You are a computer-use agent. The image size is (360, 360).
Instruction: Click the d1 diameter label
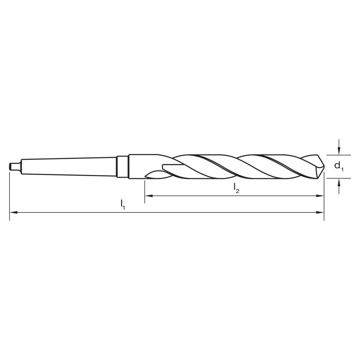pos(339,166)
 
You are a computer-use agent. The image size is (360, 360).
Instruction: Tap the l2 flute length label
pos(236,188)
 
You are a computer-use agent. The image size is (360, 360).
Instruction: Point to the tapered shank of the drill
pos(68,166)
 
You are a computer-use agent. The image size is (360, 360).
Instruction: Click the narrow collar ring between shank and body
pos(123,166)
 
